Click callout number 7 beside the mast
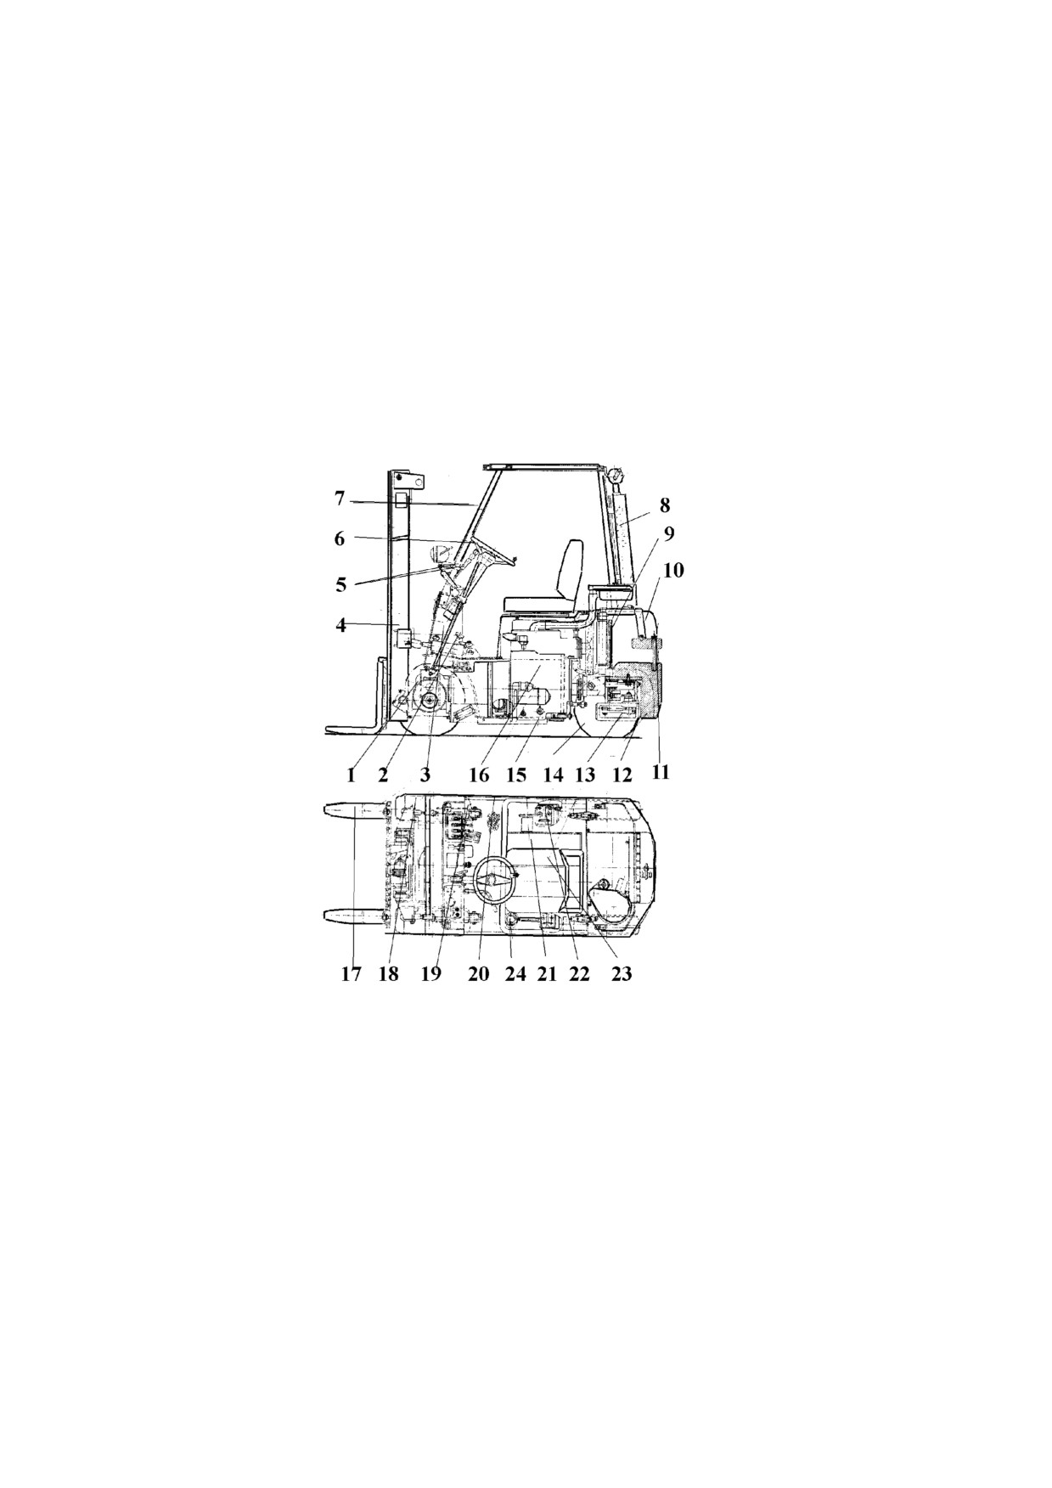(x=340, y=499)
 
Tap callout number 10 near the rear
(x=673, y=569)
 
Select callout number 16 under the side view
(x=479, y=775)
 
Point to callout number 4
(x=341, y=626)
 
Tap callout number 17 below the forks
(x=352, y=974)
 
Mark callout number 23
(x=622, y=974)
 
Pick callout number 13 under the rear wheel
(x=585, y=775)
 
